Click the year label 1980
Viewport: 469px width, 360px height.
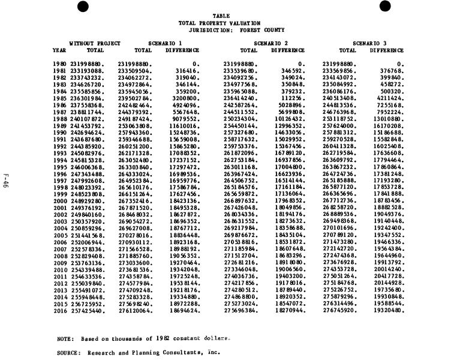(x=59, y=64)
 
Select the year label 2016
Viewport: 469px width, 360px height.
(x=59, y=312)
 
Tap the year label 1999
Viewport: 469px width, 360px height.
(x=59, y=194)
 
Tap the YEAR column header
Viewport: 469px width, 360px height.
(x=59, y=50)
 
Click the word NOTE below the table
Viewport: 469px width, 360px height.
(x=65, y=338)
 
